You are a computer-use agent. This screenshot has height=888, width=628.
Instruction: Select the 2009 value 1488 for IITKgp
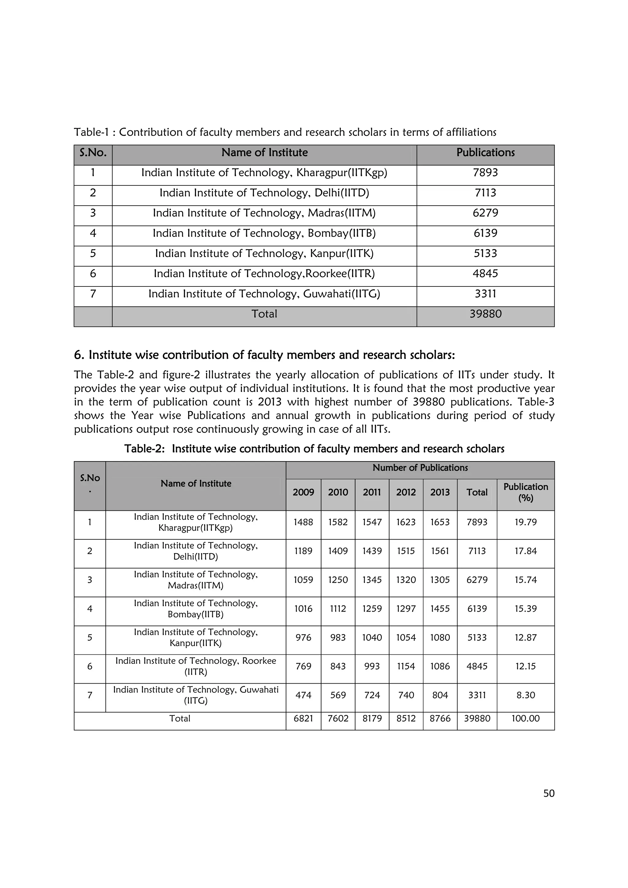pyautogui.click(x=303, y=522)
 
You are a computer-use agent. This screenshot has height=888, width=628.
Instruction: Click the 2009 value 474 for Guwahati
pyautogui.click(x=303, y=695)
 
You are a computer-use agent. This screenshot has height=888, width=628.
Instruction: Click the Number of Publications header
pyautogui.click(x=420, y=468)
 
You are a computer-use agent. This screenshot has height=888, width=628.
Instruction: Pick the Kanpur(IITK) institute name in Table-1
pyautogui.click(x=264, y=253)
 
